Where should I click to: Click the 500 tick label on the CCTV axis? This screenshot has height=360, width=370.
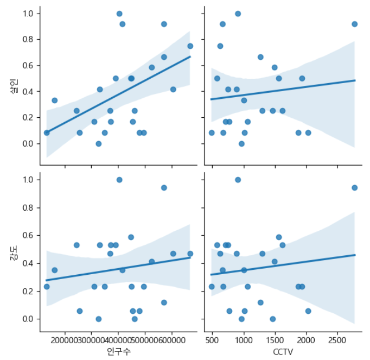click(213, 339)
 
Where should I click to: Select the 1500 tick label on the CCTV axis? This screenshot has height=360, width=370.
click(275, 339)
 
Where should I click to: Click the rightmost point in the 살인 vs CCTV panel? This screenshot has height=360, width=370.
click(354, 24)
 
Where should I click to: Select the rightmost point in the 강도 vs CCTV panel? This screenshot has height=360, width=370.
click(354, 188)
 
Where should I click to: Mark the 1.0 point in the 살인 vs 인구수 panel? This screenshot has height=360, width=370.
click(119, 14)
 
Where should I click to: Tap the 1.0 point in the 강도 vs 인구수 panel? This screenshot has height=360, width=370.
click(119, 180)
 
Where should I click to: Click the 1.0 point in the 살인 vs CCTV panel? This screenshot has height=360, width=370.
click(238, 14)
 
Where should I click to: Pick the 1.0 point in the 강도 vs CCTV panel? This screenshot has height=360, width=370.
click(238, 180)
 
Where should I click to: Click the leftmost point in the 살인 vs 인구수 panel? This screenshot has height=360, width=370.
click(47, 132)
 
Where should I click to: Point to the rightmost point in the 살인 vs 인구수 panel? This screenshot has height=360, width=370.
click(190, 46)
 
